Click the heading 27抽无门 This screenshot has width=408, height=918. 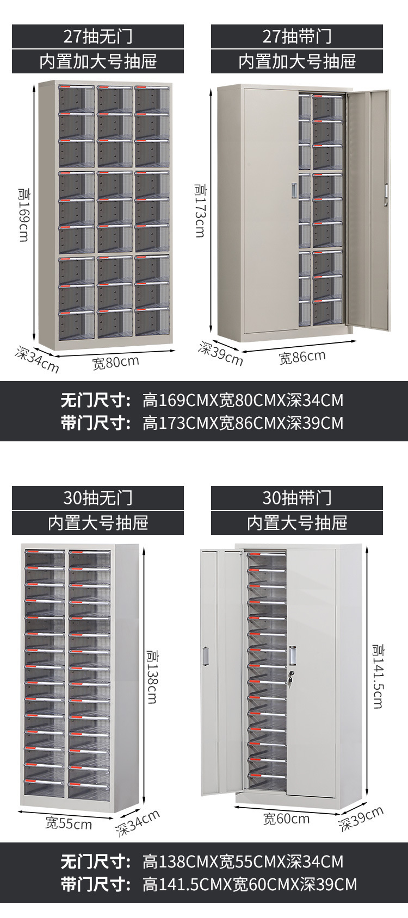[98, 36]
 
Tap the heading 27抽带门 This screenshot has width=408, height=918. [297, 36]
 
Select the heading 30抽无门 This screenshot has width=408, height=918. [98, 498]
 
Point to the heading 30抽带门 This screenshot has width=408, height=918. [297, 498]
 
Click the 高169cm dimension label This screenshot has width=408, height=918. [24, 215]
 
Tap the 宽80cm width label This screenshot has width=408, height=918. [115, 362]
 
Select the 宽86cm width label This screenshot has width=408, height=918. [302, 357]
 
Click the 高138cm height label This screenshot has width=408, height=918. [151, 676]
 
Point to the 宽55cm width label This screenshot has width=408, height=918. [69, 823]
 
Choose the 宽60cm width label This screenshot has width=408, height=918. [286, 819]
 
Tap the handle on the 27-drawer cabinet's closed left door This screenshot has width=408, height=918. [294, 190]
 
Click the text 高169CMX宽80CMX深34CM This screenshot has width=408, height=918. [243, 401]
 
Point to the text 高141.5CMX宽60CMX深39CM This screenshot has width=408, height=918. [250, 884]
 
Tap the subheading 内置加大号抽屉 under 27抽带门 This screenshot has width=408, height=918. [297, 61]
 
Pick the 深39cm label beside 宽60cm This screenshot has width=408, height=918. [361, 819]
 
